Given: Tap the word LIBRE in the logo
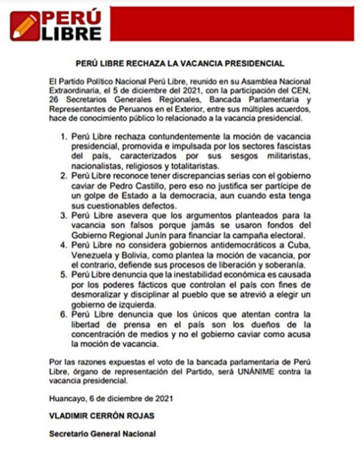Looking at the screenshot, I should (x=71, y=33).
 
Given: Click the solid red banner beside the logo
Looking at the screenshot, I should (x=231, y=23).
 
